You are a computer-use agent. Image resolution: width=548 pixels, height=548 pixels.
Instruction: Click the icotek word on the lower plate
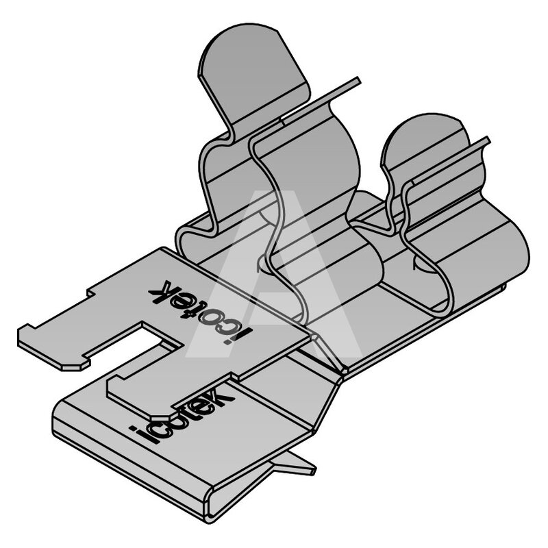coord(182,413)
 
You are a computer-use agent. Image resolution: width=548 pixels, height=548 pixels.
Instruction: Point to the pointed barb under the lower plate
coord(295,464)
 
